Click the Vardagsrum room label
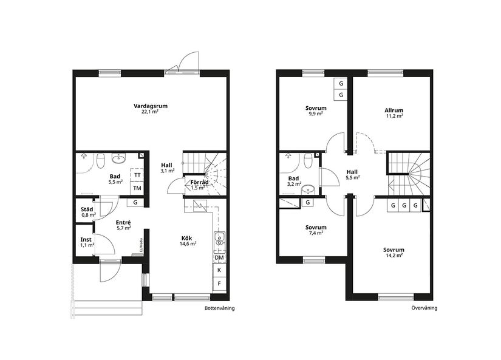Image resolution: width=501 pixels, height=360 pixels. [x=150, y=109]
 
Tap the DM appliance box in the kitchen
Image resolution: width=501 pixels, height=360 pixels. [x=219, y=257]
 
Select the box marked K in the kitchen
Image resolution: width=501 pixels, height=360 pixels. [x=219, y=270]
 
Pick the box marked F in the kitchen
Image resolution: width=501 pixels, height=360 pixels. [x=219, y=284]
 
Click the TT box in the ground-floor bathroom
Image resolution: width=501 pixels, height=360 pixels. [x=137, y=175]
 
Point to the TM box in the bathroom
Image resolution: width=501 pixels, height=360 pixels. [x=137, y=188]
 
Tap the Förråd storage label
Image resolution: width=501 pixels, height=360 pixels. [x=200, y=183]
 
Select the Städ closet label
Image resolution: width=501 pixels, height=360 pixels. [x=87, y=212]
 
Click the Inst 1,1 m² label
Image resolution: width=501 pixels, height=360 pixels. [x=87, y=242]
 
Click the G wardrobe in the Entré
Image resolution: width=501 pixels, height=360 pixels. [x=135, y=202]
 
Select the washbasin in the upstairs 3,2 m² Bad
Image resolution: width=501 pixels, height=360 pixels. [x=308, y=188]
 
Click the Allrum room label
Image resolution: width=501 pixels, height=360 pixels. [x=394, y=113]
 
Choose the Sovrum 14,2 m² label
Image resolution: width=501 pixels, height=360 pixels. [x=394, y=252]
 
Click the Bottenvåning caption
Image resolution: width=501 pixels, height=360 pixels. [x=220, y=308]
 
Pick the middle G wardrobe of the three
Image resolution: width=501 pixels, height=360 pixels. [x=404, y=205]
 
